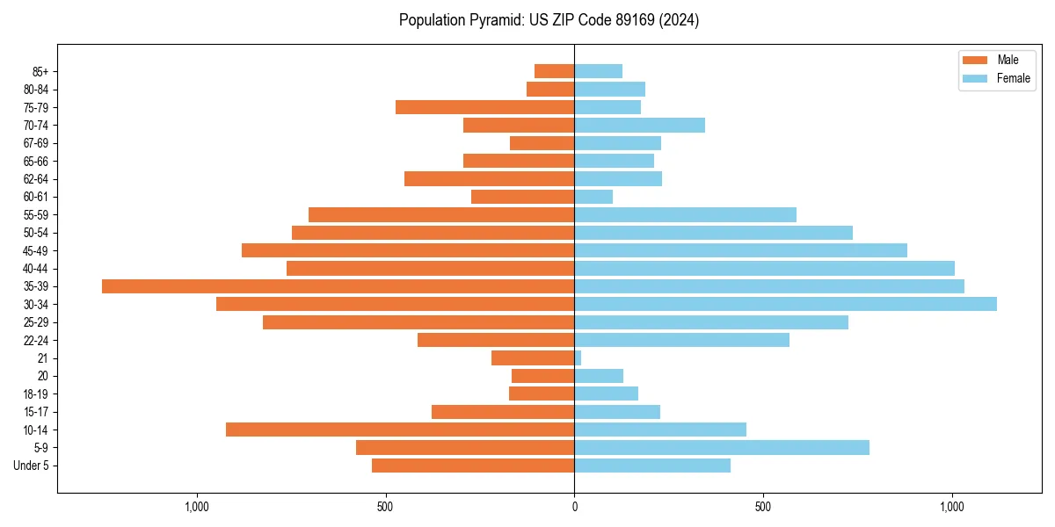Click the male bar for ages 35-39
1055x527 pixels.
click(x=338, y=286)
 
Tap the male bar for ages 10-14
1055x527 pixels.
click(x=400, y=430)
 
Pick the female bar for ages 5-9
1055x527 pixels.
click(x=722, y=447)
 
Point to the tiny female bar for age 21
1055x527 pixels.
click(x=578, y=357)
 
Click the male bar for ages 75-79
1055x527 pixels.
click(x=484, y=107)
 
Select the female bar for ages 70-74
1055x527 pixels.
click(x=639, y=125)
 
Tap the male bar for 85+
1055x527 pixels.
click(x=554, y=71)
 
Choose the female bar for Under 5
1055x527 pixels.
click(x=652, y=466)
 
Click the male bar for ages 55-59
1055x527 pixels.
click(x=441, y=214)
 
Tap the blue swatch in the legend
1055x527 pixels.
click(x=975, y=78)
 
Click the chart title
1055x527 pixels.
click(x=549, y=20)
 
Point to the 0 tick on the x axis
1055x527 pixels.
click(x=574, y=507)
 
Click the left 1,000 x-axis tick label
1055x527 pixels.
click(x=196, y=507)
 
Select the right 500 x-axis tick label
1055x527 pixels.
click(x=763, y=507)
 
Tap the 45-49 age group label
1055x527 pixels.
click(x=36, y=250)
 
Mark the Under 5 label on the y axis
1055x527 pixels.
click(x=32, y=466)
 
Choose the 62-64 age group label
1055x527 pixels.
click(x=36, y=178)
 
